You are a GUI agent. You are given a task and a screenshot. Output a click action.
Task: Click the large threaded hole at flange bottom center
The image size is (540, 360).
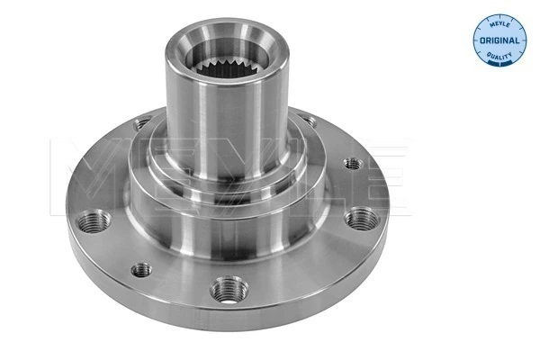click(224, 290)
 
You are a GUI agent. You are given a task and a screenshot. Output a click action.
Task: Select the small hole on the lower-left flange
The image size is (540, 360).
click(140, 268)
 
